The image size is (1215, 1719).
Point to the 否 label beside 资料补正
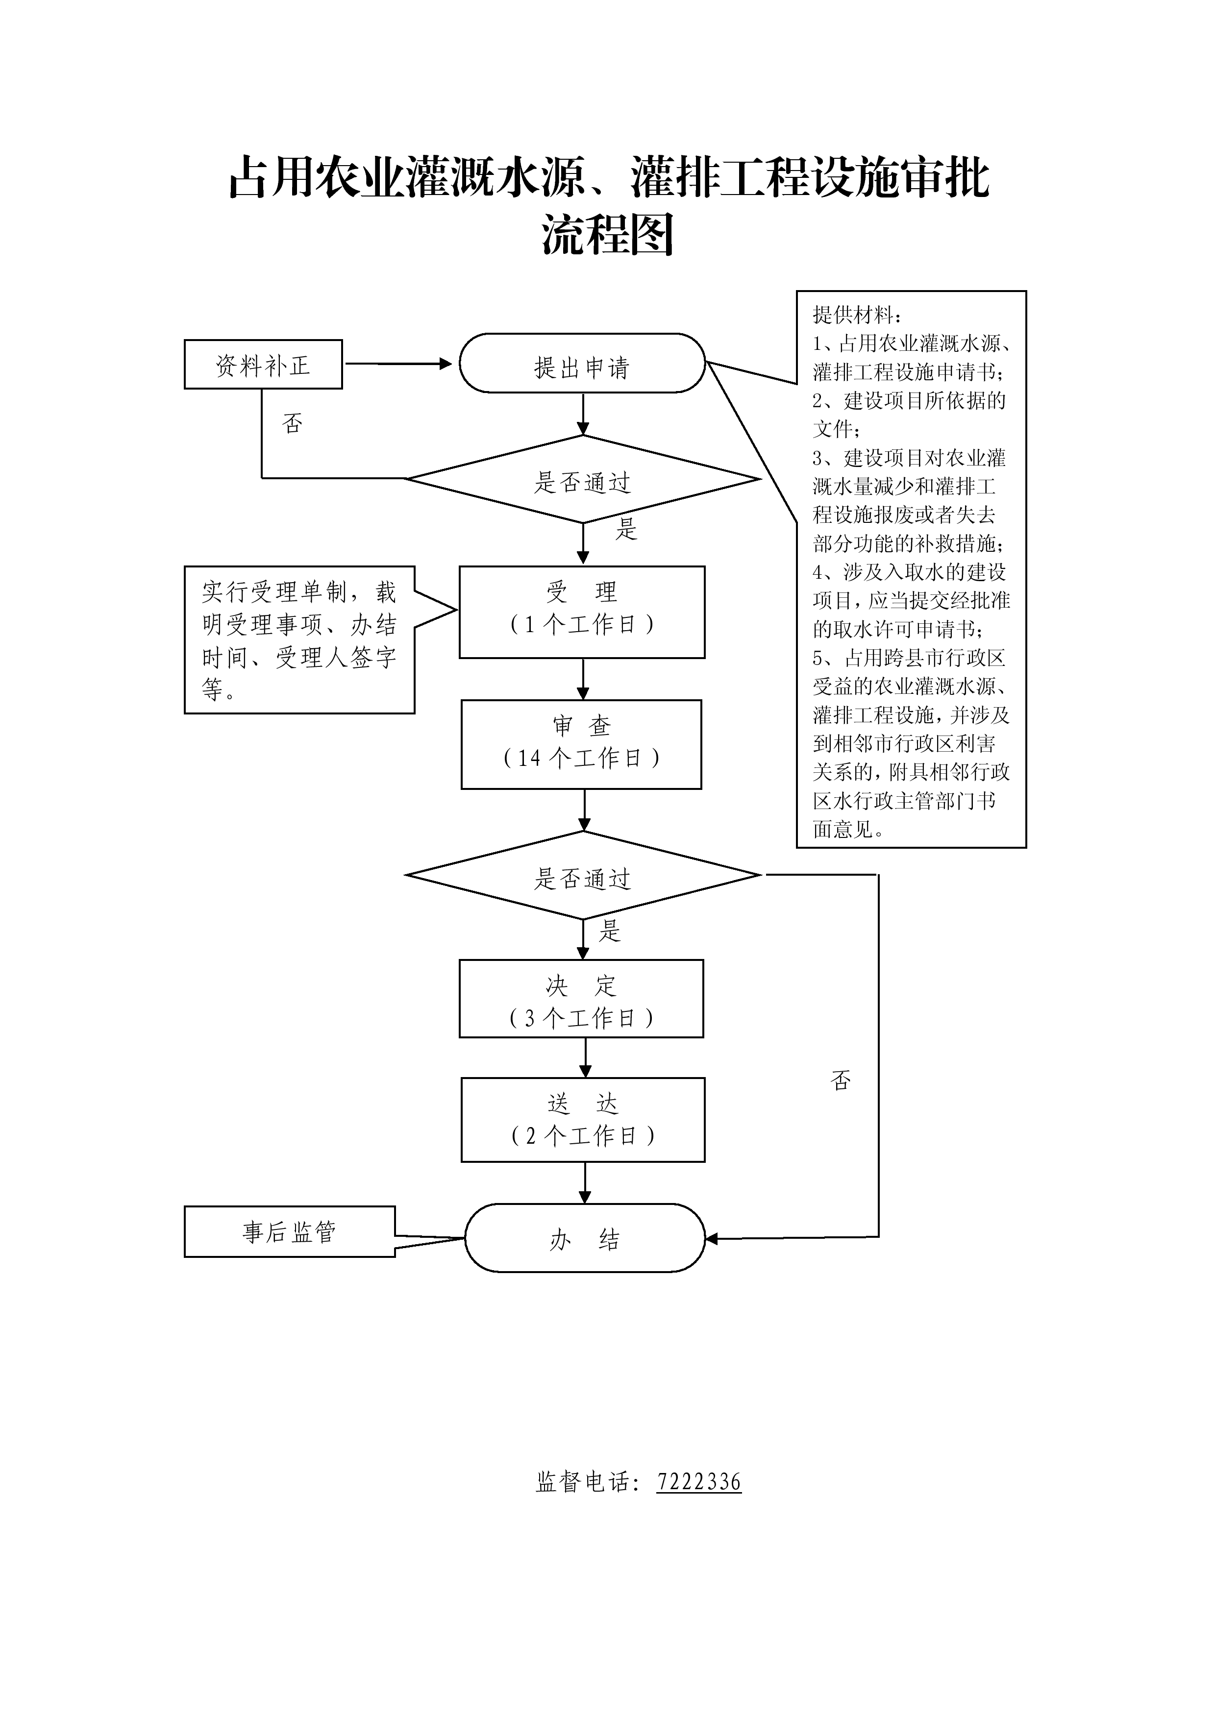pyautogui.click(x=292, y=424)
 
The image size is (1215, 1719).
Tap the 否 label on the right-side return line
pyautogui.click(x=841, y=1081)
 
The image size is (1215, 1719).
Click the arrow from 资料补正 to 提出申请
pyautogui.click(x=398, y=364)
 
